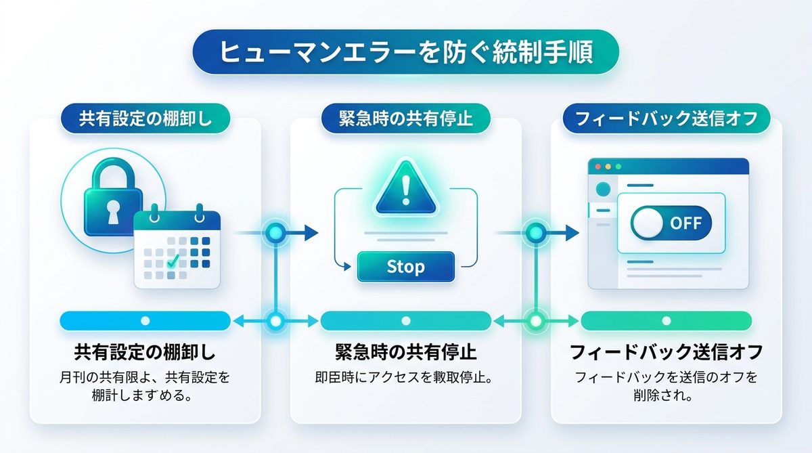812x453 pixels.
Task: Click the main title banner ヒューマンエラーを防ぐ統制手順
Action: [x=405, y=52]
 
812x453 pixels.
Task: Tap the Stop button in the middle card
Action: [x=405, y=266]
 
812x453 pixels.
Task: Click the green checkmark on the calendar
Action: [x=174, y=259]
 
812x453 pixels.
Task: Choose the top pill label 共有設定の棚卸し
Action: [x=145, y=119]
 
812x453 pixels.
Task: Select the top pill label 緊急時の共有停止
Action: [x=405, y=119]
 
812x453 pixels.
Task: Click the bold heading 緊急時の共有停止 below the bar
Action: [x=405, y=353]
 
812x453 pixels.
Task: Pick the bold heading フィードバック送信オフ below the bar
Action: [x=666, y=353]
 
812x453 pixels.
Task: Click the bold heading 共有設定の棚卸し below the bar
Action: [x=145, y=353]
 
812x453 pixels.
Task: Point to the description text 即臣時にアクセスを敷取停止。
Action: [x=405, y=376]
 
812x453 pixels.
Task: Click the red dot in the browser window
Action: [x=597, y=166]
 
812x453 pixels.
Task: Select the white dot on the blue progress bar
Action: [x=145, y=320]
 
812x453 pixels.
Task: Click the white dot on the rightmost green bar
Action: [x=667, y=320]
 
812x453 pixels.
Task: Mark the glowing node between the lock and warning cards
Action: [x=275, y=233]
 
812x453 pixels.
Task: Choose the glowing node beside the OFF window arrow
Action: [x=536, y=233]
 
